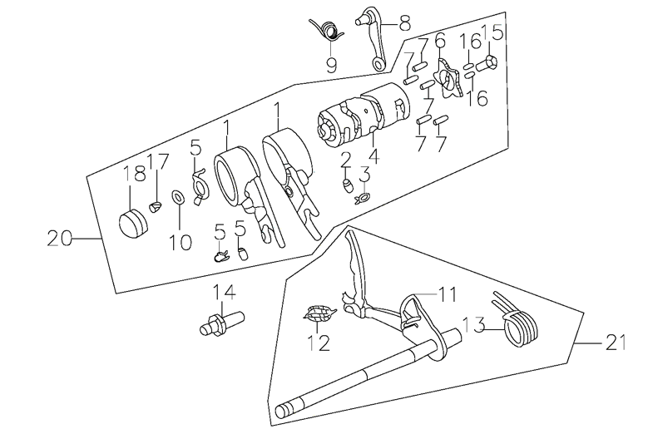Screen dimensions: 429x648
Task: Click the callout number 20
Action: [59, 239]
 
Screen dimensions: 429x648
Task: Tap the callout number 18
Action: [134, 175]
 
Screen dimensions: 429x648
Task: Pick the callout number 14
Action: [223, 292]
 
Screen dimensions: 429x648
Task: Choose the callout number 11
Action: [448, 293]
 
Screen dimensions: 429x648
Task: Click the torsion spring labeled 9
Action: [327, 32]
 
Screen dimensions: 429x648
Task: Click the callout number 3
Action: [364, 174]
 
